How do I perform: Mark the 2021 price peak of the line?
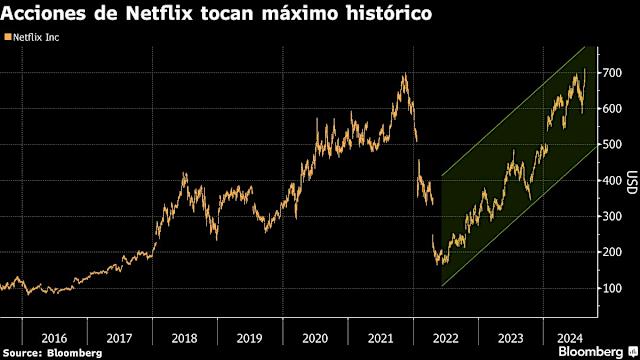(404, 74)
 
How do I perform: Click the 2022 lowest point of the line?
(441, 265)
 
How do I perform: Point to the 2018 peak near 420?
(184, 174)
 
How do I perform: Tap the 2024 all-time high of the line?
(584, 69)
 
